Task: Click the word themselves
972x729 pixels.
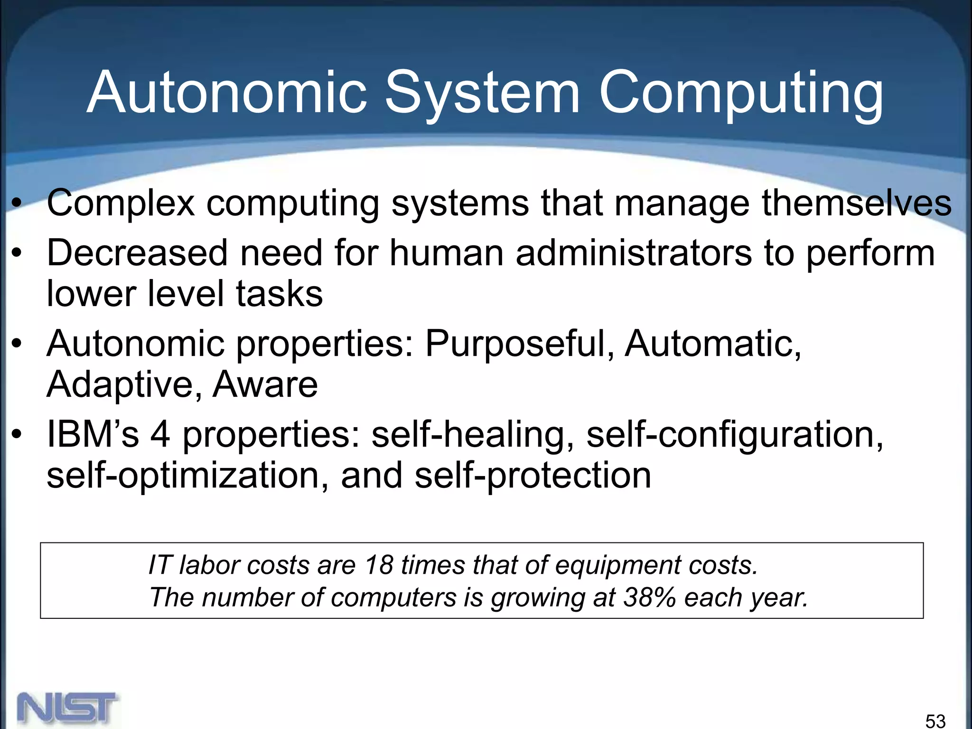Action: point(857,203)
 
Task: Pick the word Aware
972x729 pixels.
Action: point(265,384)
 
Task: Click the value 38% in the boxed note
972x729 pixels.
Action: point(649,597)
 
